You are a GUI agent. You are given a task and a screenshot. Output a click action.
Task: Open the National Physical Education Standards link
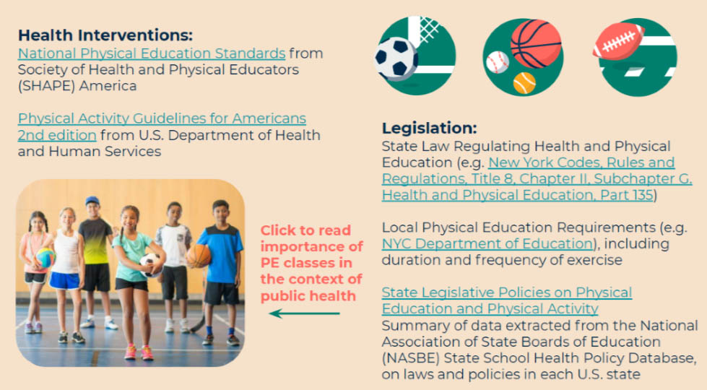(x=152, y=53)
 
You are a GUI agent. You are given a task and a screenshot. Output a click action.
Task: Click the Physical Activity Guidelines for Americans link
(x=162, y=118)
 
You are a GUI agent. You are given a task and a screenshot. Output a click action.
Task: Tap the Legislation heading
(x=429, y=128)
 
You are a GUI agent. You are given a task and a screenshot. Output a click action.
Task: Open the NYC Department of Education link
(x=487, y=243)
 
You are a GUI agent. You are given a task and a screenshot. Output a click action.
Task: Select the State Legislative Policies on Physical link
(x=506, y=292)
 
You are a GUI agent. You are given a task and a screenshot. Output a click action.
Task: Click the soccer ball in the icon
(x=396, y=58)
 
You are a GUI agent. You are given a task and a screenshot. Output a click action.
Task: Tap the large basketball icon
(x=535, y=43)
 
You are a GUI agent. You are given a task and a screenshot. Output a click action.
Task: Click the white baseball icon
(x=498, y=62)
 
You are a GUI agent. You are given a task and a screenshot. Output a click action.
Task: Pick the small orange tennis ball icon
(x=524, y=83)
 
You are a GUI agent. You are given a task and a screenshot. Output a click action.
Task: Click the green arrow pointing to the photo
(x=304, y=313)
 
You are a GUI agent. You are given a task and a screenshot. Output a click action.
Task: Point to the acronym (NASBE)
(x=409, y=358)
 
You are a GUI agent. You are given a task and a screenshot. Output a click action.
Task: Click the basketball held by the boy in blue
(x=198, y=255)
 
